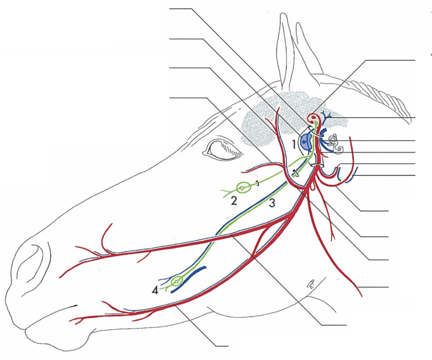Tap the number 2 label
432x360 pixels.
pos(234,201)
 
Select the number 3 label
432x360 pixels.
pos(272,203)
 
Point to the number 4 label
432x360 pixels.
pos(155,291)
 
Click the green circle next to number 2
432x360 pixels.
pos(242,187)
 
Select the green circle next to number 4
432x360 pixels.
pos(176,281)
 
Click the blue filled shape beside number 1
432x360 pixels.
pos(306,142)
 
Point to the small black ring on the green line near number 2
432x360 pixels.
pos(257,184)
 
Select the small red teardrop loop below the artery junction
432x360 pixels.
pos(312,187)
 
